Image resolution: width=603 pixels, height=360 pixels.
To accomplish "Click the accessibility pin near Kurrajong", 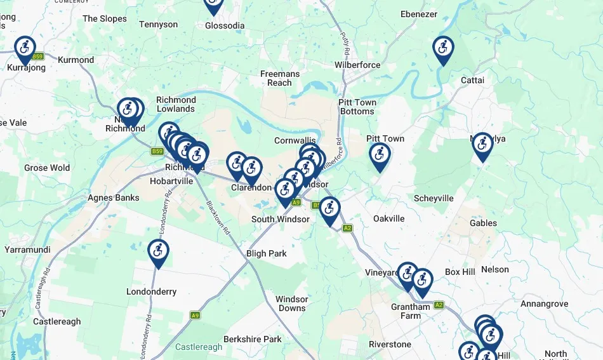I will click(25, 48).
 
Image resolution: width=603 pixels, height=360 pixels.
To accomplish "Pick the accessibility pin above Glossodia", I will click(213, 4).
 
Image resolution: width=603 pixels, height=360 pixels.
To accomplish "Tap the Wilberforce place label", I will click(357, 65).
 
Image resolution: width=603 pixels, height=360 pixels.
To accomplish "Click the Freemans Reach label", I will click(279, 78).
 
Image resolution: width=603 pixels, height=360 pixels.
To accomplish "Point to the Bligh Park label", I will click(267, 253).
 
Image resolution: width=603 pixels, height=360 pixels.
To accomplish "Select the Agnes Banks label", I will click(114, 197).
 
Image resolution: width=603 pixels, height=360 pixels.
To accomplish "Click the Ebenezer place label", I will click(418, 14).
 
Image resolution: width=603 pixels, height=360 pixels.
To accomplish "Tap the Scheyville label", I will click(434, 198).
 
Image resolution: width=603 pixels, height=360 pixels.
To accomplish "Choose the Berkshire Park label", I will click(252, 339).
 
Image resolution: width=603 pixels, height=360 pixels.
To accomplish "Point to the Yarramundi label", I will click(27, 250).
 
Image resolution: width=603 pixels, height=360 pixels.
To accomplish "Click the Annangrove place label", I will click(544, 304).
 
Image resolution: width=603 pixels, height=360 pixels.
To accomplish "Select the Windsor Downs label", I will click(291, 303).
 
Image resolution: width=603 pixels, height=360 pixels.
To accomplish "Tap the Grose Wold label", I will click(47, 168).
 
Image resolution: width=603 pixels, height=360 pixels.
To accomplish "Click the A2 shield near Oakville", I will click(347, 229).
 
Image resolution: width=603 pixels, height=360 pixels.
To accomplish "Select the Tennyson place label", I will click(158, 24).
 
